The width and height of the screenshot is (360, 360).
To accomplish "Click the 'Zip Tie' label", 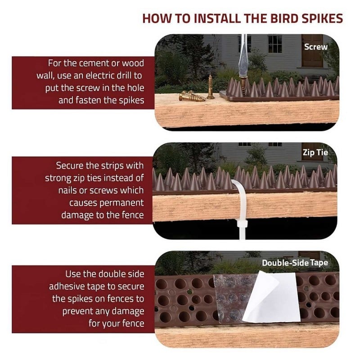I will [x=315, y=153].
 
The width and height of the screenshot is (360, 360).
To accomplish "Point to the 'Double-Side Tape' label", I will [x=295, y=262].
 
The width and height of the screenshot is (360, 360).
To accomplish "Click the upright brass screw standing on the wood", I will [x=210, y=87].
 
